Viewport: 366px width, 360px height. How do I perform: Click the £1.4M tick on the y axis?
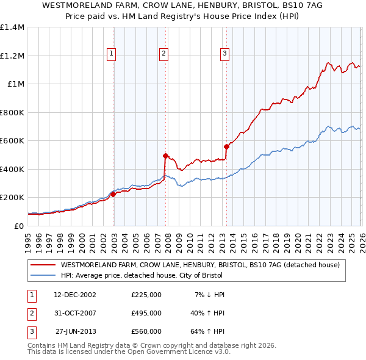tap(12, 27)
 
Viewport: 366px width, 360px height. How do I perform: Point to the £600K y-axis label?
tap(12, 141)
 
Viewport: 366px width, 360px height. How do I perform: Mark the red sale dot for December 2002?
tap(113, 194)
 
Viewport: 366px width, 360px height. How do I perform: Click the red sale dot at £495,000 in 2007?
tap(165, 156)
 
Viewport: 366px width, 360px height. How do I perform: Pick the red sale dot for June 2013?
tap(226, 146)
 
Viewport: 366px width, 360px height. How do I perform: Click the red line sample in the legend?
tap(43, 265)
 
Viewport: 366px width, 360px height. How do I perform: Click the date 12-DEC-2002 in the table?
tap(75, 295)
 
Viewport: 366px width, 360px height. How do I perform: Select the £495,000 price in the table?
tap(146, 313)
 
